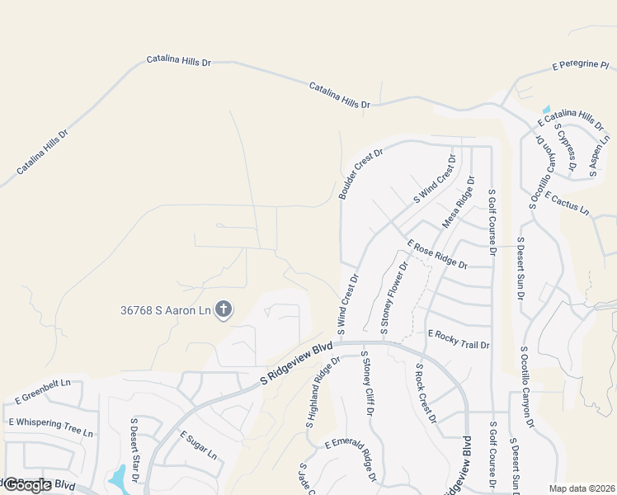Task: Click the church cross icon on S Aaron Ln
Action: click(x=223, y=310)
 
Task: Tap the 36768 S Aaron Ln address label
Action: click(x=165, y=310)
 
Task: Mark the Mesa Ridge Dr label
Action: click(x=459, y=202)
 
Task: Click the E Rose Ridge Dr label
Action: click(x=437, y=253)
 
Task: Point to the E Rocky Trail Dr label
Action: click(x=459, y=338)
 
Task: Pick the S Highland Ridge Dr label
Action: click(x=323, y=393)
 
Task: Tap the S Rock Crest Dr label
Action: click(x=426, y=394)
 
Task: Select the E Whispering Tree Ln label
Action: click(x=51, y=427)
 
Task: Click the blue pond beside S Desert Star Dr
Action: click(x=119, y=476)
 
